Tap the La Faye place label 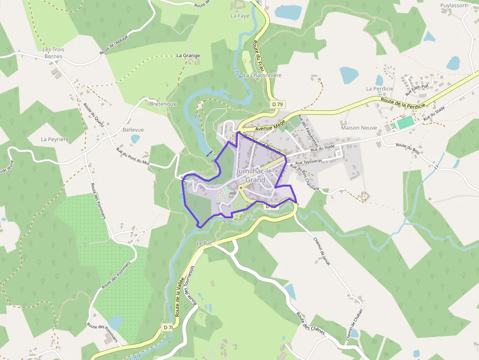coord(240,16)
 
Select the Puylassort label coord(454,5)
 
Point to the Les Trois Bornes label coord(53,53)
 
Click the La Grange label coord(188,56)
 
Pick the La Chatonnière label coord(262,76)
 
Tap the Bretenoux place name coord(163,104)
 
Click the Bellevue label coord(133,130)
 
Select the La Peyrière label coord(55,139)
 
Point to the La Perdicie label coord(380,89)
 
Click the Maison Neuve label coord(359,128)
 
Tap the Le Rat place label coord(204,243)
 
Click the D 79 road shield coord(278,105)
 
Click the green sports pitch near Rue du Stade coord(405,123)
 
